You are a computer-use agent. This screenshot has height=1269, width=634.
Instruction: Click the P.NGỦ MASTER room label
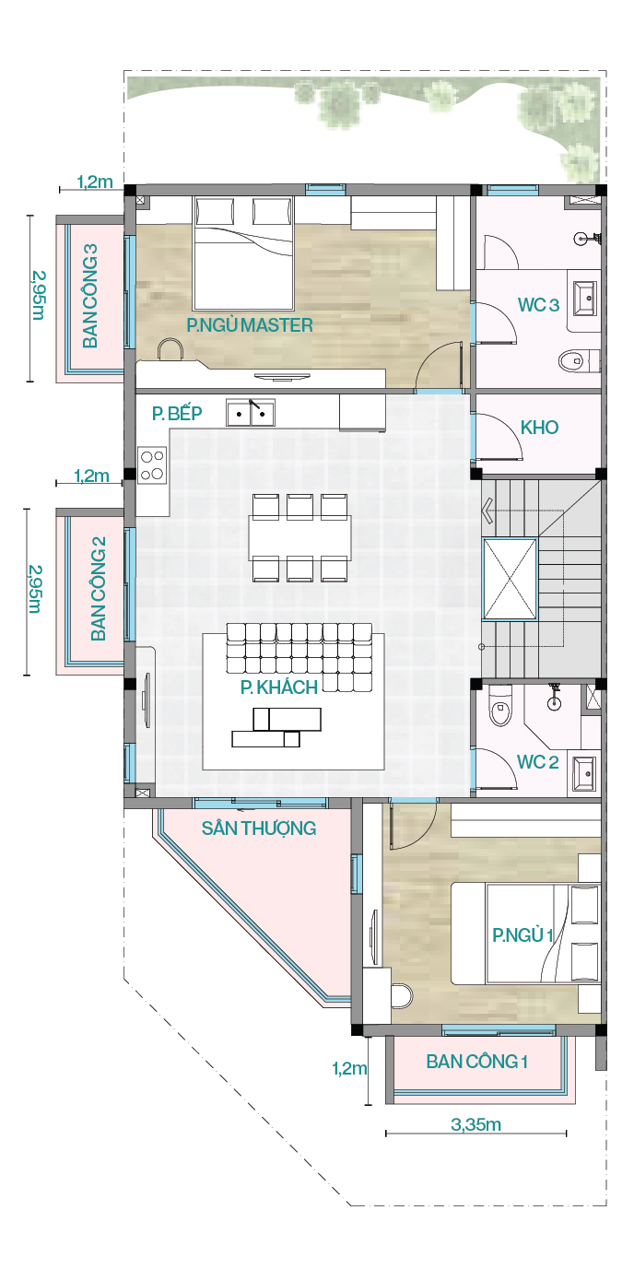[250, 324]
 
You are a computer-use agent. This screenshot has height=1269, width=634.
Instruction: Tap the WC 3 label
[538, 305]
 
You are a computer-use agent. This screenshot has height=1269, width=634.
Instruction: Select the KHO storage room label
[539, 428]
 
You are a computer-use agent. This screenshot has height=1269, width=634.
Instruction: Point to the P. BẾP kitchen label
[177, 413]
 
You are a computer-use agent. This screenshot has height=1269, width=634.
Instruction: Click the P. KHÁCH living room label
[278, 687]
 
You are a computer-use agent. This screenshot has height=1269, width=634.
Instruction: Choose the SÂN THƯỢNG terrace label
[259, 828]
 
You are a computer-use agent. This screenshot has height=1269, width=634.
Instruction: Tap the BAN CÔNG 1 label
[477, 1061]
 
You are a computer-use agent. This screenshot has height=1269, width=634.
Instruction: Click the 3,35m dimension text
[475, 1124]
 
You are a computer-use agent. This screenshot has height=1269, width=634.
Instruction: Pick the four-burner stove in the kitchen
[152, 465]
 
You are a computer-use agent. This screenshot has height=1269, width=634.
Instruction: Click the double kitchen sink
[251, 413]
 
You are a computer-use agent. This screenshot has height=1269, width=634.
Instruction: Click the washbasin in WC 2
[583, 773]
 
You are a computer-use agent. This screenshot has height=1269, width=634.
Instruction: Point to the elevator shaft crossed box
[510, 579]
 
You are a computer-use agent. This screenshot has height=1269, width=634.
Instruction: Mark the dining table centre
[299, 537]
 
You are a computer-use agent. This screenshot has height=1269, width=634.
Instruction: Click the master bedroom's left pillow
[215, 212]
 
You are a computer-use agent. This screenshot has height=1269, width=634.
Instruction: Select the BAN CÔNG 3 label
[90, 296]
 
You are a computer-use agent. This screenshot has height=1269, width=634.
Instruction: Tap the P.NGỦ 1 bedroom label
[522, 934]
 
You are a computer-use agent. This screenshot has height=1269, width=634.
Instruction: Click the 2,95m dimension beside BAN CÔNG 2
[35, 589]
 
